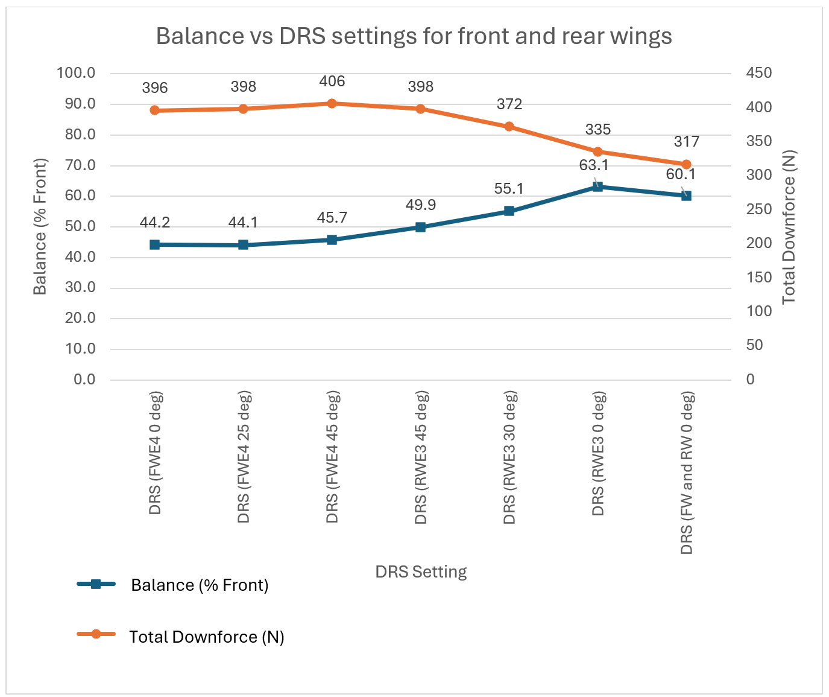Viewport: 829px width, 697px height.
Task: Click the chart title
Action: point(414,36)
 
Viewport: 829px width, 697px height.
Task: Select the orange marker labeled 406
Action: point(332,104)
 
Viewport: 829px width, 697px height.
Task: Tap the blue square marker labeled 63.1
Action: point(597,186)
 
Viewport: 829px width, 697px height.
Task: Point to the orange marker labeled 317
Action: point(686,165)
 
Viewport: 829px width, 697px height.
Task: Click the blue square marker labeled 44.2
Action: point(154,244)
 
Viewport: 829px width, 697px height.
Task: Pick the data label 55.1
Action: point(509,189)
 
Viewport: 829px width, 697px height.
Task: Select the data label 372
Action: point(509,104)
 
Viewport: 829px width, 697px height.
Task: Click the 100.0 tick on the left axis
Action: point(76,73)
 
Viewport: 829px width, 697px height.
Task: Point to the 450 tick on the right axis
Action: point(758,73)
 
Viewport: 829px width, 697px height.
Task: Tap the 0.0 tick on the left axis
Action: point(84,380)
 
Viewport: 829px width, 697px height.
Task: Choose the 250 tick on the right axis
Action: point(758,209)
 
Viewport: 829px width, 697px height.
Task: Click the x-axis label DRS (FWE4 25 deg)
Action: point(244,457)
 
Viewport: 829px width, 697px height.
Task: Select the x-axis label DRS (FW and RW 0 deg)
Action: point(687,473)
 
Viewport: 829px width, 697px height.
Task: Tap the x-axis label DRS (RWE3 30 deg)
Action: point(509,457)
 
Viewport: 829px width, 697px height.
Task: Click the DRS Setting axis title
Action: point(421,571)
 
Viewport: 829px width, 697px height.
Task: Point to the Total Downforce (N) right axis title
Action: point(789,227)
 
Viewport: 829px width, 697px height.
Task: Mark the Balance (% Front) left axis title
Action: point(40,227)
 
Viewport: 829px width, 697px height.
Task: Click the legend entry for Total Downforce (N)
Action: point(206,637)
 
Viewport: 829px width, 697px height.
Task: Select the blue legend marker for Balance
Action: point(95,584)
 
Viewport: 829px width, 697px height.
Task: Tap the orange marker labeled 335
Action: point(597,152)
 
